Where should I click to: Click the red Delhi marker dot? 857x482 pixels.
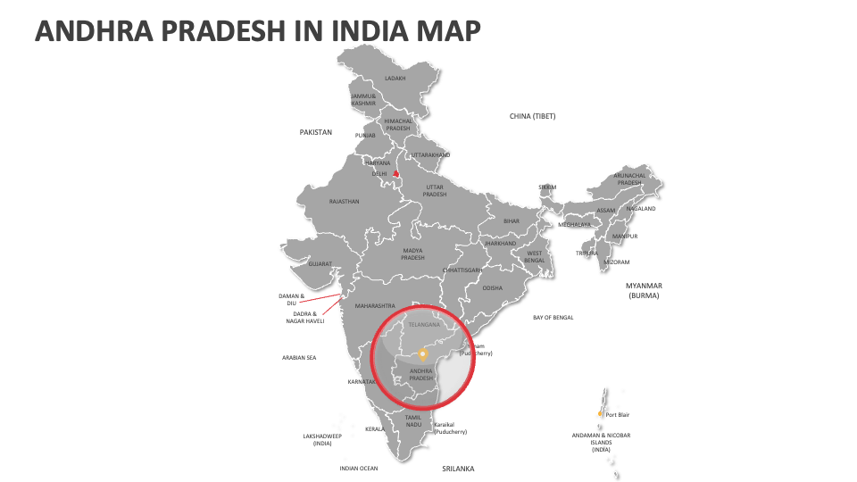(x=395, y=174)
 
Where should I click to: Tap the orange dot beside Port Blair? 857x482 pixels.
(x=601, y=413)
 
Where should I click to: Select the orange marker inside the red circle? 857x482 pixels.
(x=423, y=353)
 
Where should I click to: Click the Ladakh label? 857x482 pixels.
(x=395, y=78)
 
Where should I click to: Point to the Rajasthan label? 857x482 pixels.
(x=344, y=202)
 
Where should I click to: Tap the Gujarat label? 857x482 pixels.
(x=320, y=264)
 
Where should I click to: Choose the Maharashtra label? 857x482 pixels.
(x=375, y=306)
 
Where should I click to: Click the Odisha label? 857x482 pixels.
(x=493, y=288)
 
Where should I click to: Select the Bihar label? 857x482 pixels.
(x=511, y=220)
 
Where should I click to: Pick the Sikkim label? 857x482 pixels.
(x=547, y=187)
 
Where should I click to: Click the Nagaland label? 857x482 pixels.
(x=641, y=209)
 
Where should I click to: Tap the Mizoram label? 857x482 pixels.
(x=617, y=262)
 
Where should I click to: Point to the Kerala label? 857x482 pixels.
(x=375, y=429)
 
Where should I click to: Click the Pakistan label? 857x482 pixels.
(x=315, y=132)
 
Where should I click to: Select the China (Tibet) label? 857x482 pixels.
(x=532, y=116)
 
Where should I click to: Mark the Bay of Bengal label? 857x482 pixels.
(x=553, y=318)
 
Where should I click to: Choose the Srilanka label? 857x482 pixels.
(x=458, y=469)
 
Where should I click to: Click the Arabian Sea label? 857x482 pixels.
(x=299, y=358)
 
